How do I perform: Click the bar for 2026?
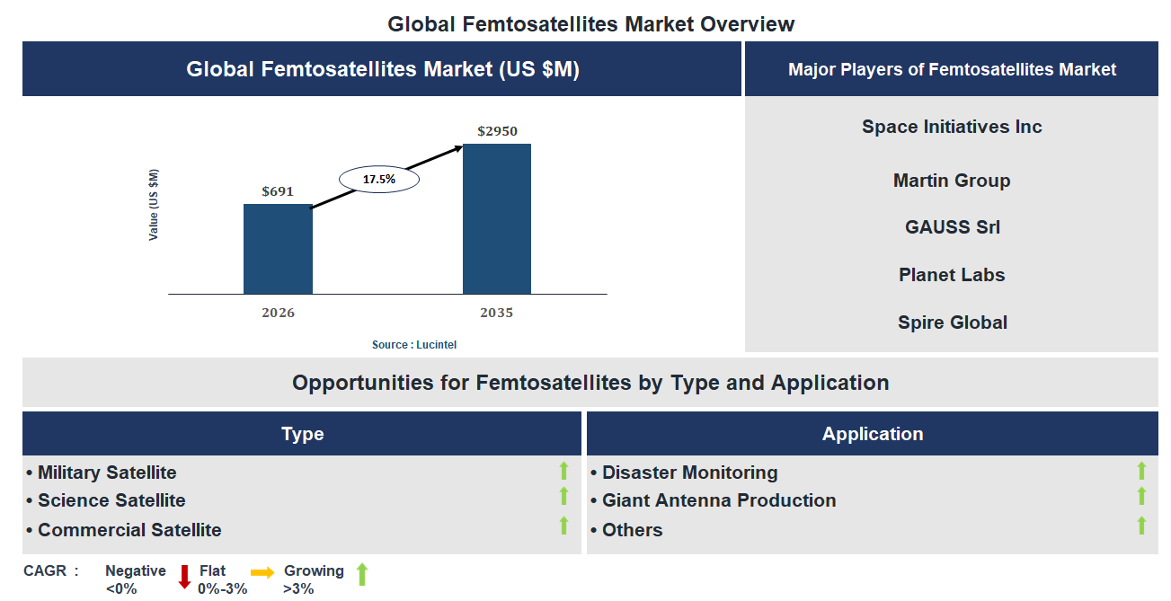tap(278, 249)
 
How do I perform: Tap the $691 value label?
tap(278, 191)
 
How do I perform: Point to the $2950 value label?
tap(497, 131)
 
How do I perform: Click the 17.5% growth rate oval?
tap(378, 180)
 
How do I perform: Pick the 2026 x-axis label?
tap(278, 313)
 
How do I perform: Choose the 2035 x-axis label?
tap(496, 313)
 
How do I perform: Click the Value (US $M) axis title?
tap(154, 205)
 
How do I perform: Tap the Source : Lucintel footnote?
tap(408, 345)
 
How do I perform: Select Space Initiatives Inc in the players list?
tap(952, 127)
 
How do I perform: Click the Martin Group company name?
tap(952, 181)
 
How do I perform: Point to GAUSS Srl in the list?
tap(952, 227)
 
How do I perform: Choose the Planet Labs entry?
tap(952, 275)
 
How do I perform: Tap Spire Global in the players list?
tap(952, 323)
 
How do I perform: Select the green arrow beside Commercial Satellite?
tap(563, 526)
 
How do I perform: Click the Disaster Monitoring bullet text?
tap(689, 473)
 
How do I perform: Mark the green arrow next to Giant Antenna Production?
tap(1141, 497)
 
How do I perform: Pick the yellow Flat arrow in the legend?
tap(262, 571)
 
